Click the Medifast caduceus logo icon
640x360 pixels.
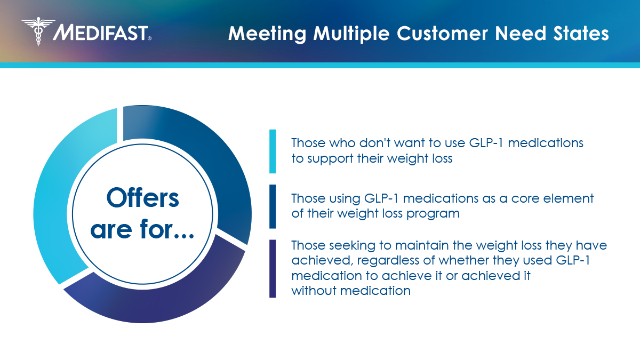pos(38,31)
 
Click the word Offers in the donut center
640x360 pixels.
pos(143,198)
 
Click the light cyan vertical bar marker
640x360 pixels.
pos(273,151)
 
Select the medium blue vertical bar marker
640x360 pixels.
pos(273,206)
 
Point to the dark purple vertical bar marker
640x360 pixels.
pos(273,268)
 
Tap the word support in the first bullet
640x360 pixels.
pos(325,159)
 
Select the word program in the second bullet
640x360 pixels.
pos(438,214)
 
